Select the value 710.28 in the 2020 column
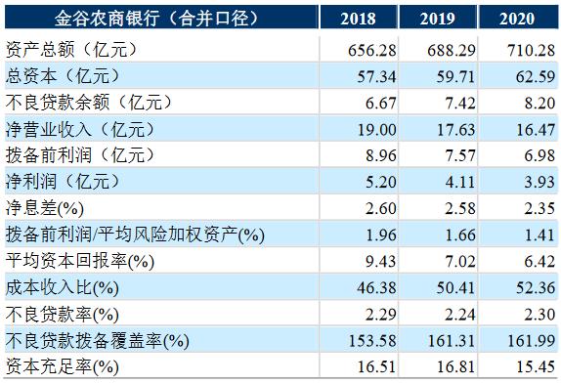point(534,48)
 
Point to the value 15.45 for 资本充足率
point(534,366)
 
